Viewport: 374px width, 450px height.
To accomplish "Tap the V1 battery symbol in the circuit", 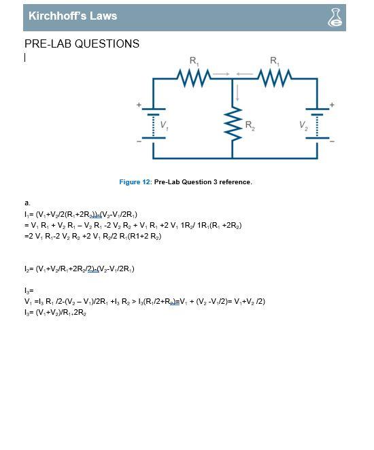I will (153, 123).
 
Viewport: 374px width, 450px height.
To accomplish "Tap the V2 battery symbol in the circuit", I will (317, 123).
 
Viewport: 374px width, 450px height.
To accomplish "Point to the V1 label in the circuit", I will (165, 125).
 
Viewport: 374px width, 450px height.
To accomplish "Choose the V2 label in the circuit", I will (303, 125).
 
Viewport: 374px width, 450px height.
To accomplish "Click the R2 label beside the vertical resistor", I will (250, 126).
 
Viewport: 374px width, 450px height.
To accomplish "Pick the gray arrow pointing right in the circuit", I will (220, 73).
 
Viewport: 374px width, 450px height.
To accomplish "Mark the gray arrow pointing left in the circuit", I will (245, 73).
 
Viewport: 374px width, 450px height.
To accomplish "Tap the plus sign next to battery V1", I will (139, 105).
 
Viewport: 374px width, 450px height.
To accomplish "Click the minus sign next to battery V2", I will (332, 141).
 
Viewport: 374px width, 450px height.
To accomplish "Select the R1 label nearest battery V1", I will (194, 61).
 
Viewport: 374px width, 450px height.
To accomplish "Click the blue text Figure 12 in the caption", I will (135, 182).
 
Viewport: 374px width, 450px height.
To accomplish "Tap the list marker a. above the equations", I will (27, 203).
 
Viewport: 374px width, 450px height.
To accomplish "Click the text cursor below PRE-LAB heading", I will (25, 58).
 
